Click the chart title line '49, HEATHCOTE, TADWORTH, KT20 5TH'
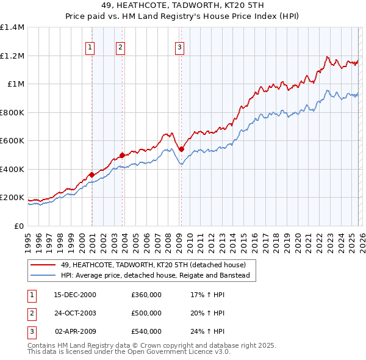point(182,7)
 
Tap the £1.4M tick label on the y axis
point(12,27)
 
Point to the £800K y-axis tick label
point(12,112)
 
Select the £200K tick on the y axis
point(12,198)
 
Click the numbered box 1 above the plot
point(90,47)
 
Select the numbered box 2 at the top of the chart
point(121,47)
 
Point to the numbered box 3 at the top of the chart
point(180,47)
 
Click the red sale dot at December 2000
point(92,175)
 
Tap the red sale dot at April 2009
point(181,149)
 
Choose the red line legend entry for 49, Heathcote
point(153,265)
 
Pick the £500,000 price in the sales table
point(146,313)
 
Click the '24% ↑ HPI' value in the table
point(207,331)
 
